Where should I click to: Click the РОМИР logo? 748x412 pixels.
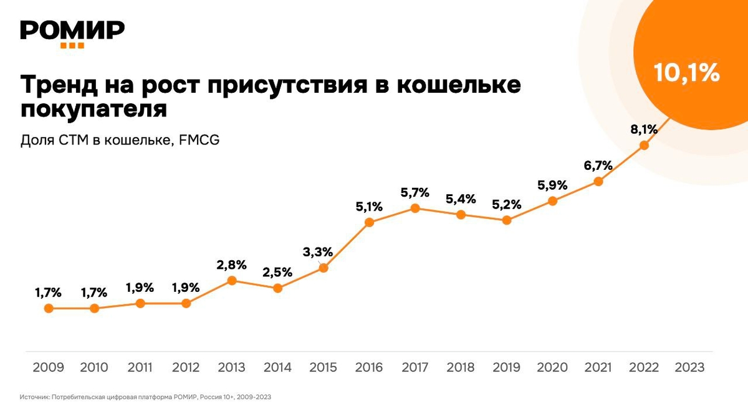[x=72, y=31]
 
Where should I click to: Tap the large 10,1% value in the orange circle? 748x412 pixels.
[x=687, y=73]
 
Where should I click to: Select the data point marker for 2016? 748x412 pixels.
[x=369, y=222]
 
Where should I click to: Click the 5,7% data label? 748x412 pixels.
[x=415, y=192]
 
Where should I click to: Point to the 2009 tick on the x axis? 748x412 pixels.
[x=48, y=367]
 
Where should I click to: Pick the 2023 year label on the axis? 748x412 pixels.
[x=689, y=367]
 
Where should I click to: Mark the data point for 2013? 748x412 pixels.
[x=232, y=280]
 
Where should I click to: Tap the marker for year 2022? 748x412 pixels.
[x=645, y=146]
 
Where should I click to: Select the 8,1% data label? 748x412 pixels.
[x=645, y=129]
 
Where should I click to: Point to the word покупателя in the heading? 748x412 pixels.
[x=94, y=110]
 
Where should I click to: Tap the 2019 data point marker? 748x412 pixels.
[x=507, y=220]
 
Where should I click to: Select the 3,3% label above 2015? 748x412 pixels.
[x=318, y=252]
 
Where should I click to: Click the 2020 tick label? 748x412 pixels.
[x=552, y=367]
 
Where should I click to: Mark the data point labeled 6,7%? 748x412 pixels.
[x=598, y=182]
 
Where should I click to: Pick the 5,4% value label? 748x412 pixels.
[x=461, y=199]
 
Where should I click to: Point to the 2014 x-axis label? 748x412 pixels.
[x=277, y=367]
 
